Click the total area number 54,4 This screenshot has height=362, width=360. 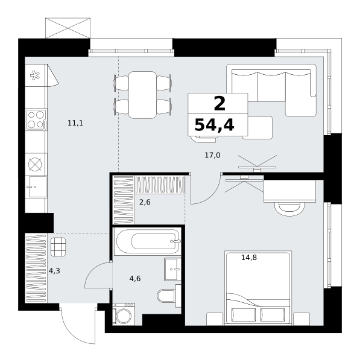(214, 125)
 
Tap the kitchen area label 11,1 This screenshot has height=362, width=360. (75, 123)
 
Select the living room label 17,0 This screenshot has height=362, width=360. (212, 155)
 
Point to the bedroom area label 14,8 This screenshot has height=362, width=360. (249, 257)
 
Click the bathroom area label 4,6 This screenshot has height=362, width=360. (135, 279)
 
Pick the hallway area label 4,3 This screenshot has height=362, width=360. (54, 270)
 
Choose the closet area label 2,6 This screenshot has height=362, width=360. (145, 202)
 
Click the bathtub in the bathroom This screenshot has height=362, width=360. (148, 242)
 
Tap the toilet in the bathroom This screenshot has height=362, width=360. (166, 296)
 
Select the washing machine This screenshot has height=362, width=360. (124, 314)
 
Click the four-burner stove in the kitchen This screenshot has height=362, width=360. (36, 119)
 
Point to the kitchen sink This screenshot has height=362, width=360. (37, 187)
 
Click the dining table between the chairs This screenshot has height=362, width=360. (143, 95)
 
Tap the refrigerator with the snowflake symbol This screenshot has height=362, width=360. (36, 75)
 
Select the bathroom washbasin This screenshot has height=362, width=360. (172, 270)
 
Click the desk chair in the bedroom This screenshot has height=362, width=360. (289, 209)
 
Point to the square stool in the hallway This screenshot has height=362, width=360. (58, 247)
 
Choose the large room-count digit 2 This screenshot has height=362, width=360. (219, 103)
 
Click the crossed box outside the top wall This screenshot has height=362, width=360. (68, 28)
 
